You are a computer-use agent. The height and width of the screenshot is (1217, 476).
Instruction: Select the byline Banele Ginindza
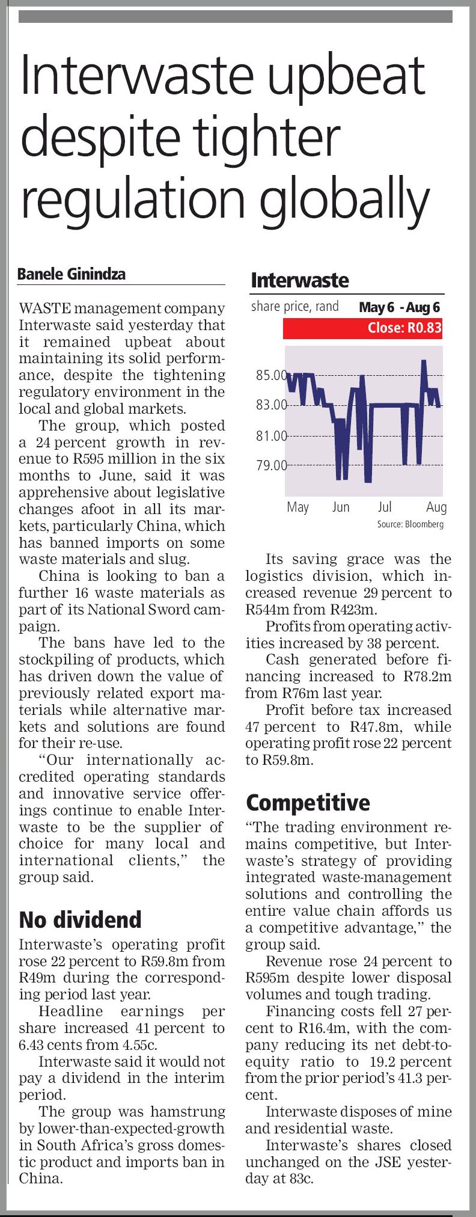72,275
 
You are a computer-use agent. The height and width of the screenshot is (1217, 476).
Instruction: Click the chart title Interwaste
299,280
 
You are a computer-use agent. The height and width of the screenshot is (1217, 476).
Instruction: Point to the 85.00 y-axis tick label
272,376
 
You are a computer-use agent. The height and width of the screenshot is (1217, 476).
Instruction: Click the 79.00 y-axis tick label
272,465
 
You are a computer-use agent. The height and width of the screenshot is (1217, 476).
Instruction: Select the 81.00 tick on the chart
272,435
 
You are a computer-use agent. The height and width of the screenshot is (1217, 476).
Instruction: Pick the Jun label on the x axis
341,507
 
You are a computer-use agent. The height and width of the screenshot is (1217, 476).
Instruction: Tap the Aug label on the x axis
436,507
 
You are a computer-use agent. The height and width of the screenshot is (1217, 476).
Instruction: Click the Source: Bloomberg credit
410,524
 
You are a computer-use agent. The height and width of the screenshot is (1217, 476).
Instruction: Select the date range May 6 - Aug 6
400,307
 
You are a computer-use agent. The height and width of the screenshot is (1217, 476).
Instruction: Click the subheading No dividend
80,919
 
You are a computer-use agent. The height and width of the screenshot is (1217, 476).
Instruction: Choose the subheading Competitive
308,802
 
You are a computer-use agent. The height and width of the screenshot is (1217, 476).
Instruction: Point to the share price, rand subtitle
295,307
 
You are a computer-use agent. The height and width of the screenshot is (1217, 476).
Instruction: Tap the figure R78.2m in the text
427,676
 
